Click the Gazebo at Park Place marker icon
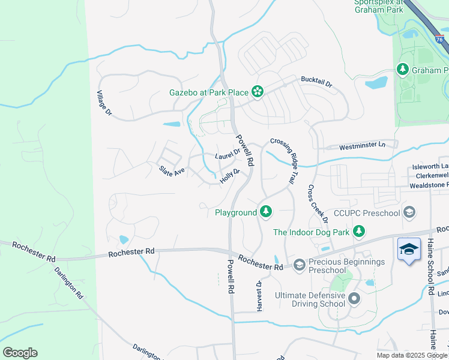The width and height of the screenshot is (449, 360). (258, 91)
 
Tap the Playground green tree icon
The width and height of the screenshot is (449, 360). (265, 212)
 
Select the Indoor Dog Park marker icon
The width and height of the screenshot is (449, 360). (359, 231)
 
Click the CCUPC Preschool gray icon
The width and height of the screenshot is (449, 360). (409, 212)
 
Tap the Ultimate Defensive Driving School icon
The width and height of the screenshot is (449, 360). (354, 298)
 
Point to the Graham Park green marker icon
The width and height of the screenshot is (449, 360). (403, 70)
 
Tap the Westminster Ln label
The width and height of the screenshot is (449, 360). (362, 145)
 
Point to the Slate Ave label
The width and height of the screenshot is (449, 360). (172, 172)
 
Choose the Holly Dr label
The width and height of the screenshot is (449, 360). (230, 176)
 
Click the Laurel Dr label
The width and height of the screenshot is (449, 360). (228, 154)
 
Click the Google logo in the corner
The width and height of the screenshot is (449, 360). (20, 353)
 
